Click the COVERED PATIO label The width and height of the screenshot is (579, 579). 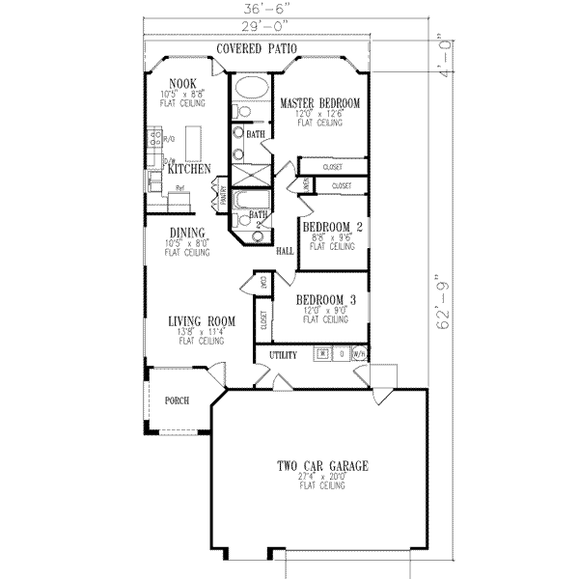click(256, 48)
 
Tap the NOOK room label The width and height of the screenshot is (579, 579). click(183, 84)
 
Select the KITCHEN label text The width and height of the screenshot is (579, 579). click(188, 169)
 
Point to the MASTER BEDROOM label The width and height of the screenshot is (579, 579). click(320, 102)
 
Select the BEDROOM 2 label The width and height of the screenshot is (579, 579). click(332, 228)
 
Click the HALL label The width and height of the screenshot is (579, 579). click(285, 251)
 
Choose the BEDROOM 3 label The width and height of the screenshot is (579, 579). click(326, 300)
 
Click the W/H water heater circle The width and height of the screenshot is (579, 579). click(359, 354)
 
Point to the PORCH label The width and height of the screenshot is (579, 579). click(177, 400)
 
